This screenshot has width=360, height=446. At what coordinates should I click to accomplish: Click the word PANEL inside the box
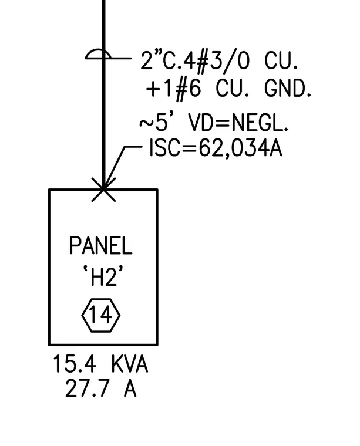[x=101, y=245]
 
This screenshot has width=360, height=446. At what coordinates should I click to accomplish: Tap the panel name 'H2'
[x=103, y=276]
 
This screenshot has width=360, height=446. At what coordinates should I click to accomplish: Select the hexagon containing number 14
[x=101, y=315]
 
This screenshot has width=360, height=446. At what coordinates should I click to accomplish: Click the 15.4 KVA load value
[x=100, y=364]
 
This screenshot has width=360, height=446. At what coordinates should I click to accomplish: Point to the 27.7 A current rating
[x=101, y=388]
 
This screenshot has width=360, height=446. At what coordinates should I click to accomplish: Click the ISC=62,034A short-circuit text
[x=216, y=148]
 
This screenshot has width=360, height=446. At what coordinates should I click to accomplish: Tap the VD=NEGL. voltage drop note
[x=238, y=123]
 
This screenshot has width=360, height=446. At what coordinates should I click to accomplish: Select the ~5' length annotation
[x=157, y=122]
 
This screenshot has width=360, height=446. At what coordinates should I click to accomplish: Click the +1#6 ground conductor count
[x=174, y=89]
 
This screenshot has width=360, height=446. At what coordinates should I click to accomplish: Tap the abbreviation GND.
[x=288, y=88]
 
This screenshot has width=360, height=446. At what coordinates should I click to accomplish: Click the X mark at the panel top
[x=103, y=190]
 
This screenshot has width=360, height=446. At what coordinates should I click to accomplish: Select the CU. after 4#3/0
[x=281, y=60]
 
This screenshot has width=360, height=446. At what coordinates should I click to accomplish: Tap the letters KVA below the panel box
[x=129, y=364]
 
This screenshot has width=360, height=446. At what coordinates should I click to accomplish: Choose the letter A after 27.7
[x=130, y=388]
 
